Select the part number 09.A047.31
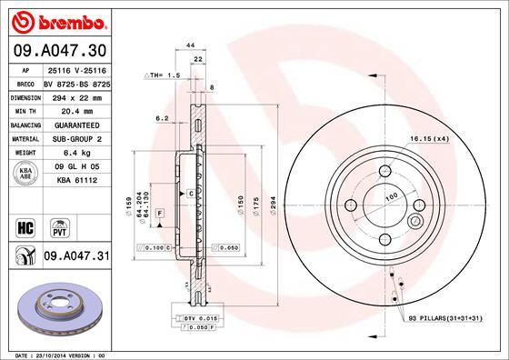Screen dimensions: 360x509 pos(75,258)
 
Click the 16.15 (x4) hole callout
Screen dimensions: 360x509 pos(429,137)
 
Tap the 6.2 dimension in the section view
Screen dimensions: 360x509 pos(161,118)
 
